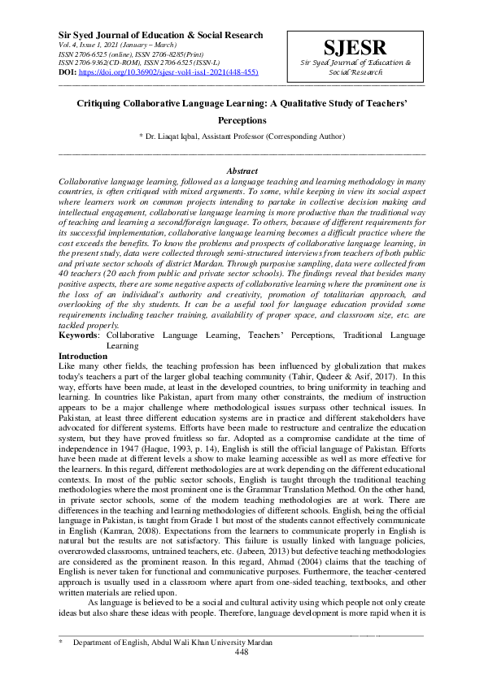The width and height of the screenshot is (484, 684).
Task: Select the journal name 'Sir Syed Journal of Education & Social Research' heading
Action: [161, 35]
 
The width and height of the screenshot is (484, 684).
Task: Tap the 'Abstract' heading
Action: [242, 171]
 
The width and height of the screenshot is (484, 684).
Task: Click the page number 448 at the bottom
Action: [242, 652]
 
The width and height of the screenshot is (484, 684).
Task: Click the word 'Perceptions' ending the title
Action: [242, 120]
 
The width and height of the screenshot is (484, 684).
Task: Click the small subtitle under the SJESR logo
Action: [355, 67]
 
